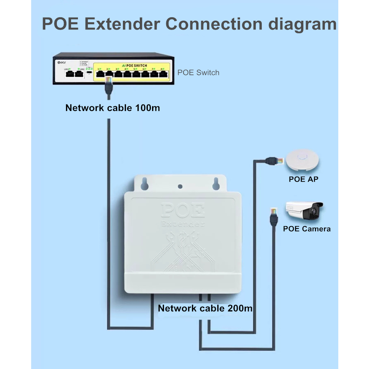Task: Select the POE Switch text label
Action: tap(198, 73)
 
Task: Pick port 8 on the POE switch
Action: tap(163, 74)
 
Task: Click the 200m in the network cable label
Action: tap(240, 308)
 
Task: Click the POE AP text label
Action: tap(303, 179)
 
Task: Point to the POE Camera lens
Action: tap(316, 210)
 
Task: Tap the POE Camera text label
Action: tap(306, 229)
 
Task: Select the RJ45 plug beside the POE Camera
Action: tap(274, 212)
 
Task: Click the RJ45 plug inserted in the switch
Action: tap(108, 81)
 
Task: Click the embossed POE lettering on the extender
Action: tap(182, 210)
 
